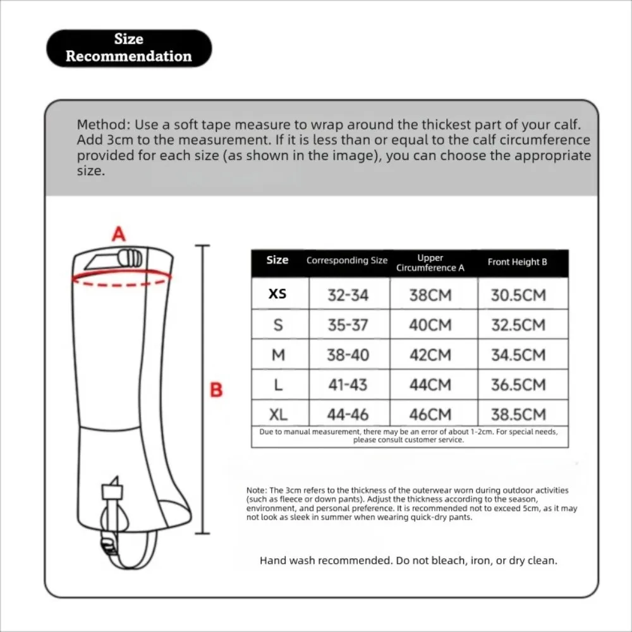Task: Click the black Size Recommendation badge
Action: [x=129, y=48]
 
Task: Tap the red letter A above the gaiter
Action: [x=119, y=234]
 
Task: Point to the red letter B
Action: [x=216, y=390]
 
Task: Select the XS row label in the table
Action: [x=277, y=294]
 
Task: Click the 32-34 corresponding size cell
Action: [x=348, y=295]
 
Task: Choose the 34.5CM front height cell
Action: [x=518, y=355]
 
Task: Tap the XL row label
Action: [x=278, y=415]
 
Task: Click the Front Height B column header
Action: [x=517, y=262]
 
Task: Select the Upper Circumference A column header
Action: [x=430, y=263]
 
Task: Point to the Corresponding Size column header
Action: [x=346, y=260]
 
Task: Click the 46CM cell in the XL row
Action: [x=430, y=415]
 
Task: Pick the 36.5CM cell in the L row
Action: [x=518, y=385]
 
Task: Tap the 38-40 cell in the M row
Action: [x=348, y=355]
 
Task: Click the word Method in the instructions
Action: [x=103, y=125]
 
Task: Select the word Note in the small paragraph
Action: [x=257, y=490]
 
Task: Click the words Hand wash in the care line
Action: [x=286, y=561]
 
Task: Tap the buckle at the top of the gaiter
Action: [x=130, y=258]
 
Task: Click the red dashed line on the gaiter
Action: [x=121, y=285]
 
